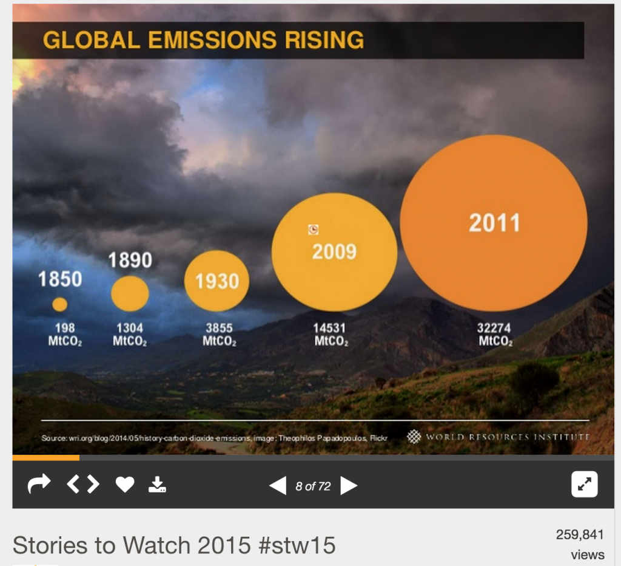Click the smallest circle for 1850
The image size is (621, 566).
coord(60,304)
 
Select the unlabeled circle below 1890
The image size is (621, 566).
coord(130,294)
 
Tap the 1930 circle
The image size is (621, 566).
coord(217,281)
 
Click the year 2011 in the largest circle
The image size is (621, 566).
coord(494,222)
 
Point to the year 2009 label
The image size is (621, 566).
coord(334,251)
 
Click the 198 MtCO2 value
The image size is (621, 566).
coord(65,335)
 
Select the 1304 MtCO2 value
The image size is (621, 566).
coord(130,335)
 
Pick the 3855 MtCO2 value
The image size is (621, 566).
coord(219,335)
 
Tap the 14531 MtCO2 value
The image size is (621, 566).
coord(331,335)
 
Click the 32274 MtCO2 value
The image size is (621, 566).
coord(495,335)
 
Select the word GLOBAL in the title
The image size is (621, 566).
coord(92,39)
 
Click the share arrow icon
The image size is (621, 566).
coord(39,484)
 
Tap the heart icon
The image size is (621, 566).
coord(125,484)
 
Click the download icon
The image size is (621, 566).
coord(157,484)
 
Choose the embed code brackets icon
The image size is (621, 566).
coord(83,484)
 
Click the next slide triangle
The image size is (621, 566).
coord(349,485)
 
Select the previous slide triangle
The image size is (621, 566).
coord(278,485)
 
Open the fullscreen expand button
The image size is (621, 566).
coord(584,484)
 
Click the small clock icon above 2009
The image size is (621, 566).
coord(314,230)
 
